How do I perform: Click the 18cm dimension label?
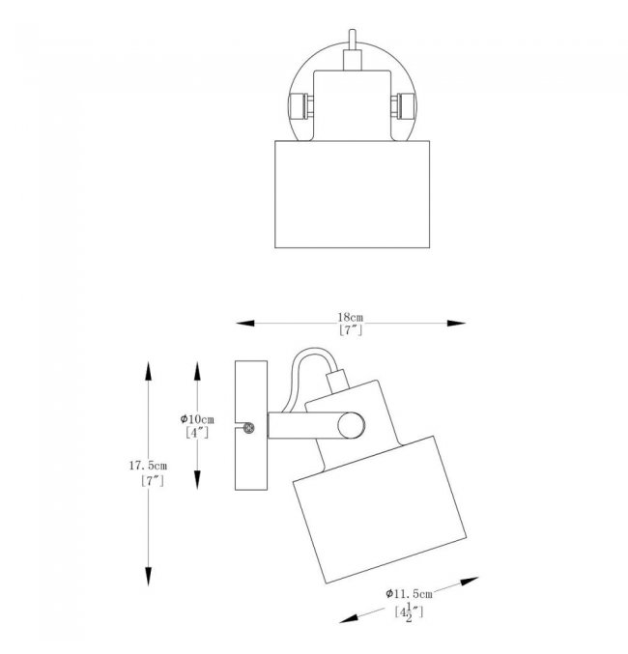tap(350, 318)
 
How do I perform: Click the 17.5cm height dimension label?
tap(148, 466)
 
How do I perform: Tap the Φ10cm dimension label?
tap(197, 419)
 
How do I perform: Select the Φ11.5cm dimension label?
tap(409, 593)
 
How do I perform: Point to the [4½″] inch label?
tap(409, 612)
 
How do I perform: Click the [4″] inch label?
tap(197, 433)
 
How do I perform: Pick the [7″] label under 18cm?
tap(351, 330)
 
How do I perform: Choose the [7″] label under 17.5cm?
tap(153, 481)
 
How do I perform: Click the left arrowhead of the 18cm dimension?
tap(245, 323)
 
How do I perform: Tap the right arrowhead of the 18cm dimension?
tap(456, 323)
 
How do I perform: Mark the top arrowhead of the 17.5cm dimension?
tap(148, 371)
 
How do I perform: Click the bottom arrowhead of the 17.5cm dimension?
tap(148, 577)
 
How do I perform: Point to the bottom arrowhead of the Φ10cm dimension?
tap(197, 480)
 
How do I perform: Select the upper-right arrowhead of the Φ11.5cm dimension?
tap(470, 582)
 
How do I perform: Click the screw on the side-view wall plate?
tap(248, 428)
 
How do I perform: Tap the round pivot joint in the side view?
tap(351, 425)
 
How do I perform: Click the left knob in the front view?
tap(300, 106)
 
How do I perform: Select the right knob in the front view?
tap(403, 106)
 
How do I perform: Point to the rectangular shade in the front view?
tap(353, 194)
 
